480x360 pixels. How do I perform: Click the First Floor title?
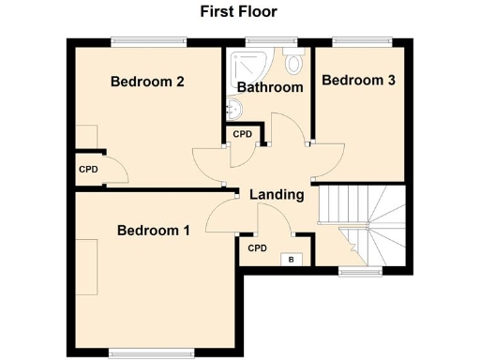tap(238, 12)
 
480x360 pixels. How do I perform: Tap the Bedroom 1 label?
tap(154, 230)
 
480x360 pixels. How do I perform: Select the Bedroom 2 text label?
tap(147, 82)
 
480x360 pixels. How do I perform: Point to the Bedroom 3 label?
tap(358, 81)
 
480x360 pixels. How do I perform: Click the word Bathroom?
tap(270, 87)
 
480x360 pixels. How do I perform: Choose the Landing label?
tap(277, 195)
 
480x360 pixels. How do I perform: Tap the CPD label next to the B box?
tap(258, 248)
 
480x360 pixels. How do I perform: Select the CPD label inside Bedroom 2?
tap(88, 170)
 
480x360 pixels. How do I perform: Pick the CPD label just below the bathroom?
tap(243, 135)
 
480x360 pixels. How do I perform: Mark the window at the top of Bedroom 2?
tap(147, 40)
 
